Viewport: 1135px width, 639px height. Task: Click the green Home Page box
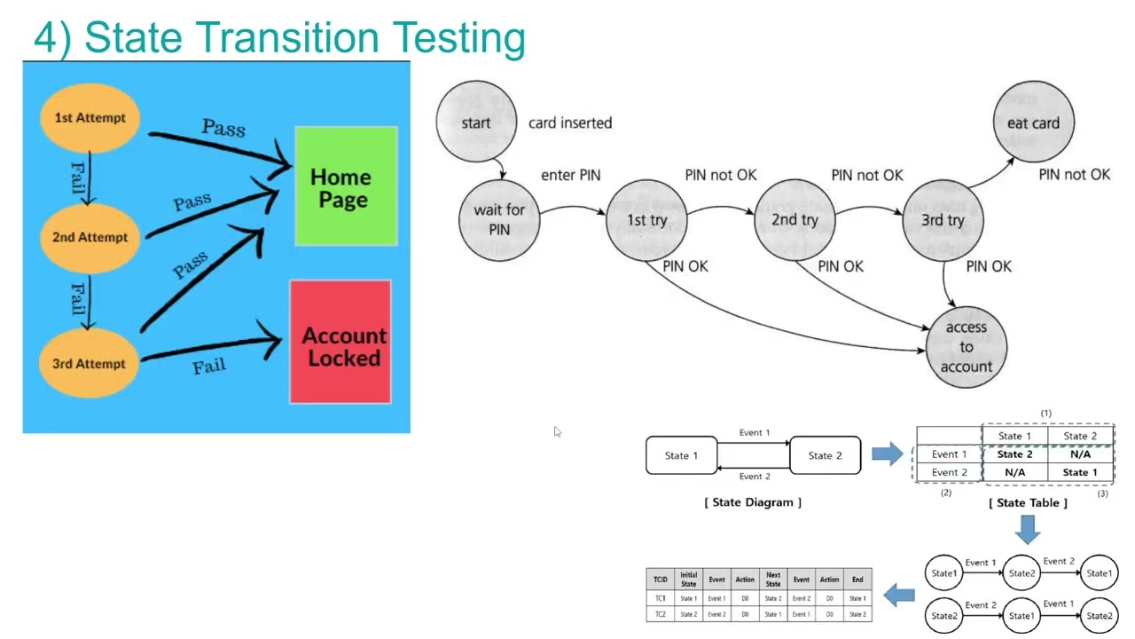tap(346, 186)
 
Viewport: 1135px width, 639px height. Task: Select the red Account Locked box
tap(341, 343)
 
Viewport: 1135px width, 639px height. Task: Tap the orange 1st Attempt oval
tap(90, 118)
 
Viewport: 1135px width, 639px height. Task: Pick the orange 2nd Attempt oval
tap(90, 237)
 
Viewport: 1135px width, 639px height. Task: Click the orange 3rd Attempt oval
tap(89, 363)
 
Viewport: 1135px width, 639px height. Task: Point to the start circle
tap(476, 122)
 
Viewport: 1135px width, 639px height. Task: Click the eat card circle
tap(1033, 122)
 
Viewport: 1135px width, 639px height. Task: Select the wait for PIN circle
tap(499, 219)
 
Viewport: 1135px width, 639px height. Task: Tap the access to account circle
tap(966, 346)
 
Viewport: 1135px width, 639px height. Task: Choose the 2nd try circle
tap(794, 220)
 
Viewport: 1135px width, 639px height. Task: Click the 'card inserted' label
tap(570, 122)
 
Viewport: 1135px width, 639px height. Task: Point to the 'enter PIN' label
tap(570, 175)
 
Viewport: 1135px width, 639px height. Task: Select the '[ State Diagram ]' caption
tap(753, 502)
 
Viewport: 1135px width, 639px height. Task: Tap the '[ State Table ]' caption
tap(1028, 502)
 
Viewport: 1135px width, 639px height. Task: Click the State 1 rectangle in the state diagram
tap(682, 455)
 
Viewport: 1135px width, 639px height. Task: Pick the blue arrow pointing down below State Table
tap(1028, 529)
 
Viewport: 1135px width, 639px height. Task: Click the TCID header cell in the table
tap(661, 580)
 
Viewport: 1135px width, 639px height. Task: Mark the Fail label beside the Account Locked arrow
tap(209, 366)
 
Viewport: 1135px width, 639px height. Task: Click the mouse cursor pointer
tap(557, 432)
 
